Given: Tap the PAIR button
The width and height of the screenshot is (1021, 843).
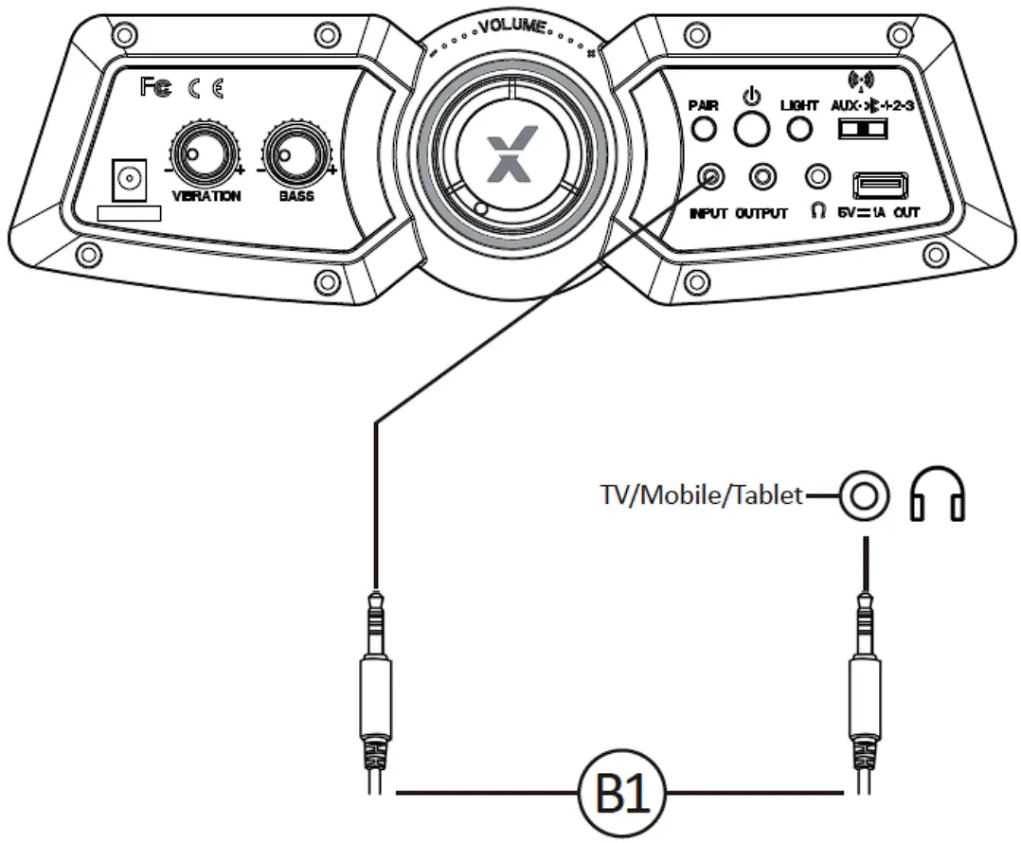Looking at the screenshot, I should click(x=704, y=128).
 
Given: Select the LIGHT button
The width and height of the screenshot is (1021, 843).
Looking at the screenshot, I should click(x=800, y=128).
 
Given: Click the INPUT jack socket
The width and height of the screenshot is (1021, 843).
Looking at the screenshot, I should click(x=711, y=176).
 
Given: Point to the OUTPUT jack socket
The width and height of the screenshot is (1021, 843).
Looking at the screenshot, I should click(x=762, y=176).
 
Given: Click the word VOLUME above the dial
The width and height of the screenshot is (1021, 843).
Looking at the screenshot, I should click(x=512, y=26).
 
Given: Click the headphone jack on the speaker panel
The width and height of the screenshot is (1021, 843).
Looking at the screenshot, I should click(x=816, y=176).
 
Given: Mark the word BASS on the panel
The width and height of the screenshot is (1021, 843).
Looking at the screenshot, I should click(x=296, y=197).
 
